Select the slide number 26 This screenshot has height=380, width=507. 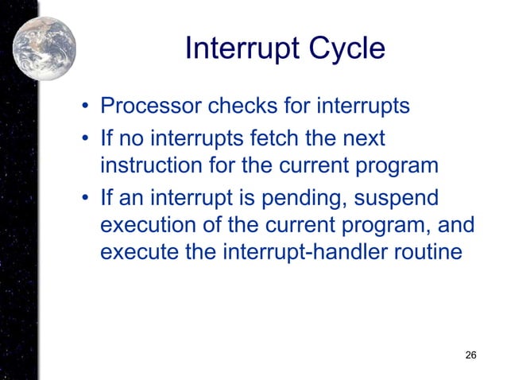(470, 354)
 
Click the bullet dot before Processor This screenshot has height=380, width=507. (83, 107)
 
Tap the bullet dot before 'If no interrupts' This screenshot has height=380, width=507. (83, 139)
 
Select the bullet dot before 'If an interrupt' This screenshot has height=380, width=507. (83, 197)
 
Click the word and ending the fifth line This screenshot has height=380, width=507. (457, 225)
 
